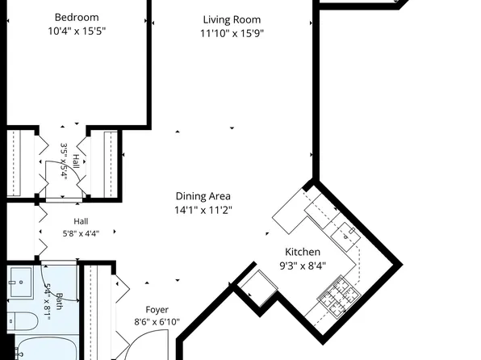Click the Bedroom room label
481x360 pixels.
[77, 18]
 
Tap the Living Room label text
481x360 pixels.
[232, 19]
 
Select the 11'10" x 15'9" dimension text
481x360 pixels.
[232, 33]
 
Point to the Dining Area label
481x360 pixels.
[203, 196]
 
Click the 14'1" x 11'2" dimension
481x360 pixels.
[203, 210]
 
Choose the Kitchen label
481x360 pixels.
[303, 252]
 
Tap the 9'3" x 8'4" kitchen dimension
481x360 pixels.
[303, 266]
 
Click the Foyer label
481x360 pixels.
[157, 310]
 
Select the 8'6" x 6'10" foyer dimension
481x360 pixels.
[157, 322]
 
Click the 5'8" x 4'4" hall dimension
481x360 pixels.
[81, 234]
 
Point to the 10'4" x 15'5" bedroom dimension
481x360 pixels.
[77, 31]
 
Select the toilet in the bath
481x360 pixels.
[22, 321]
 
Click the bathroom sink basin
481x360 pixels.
[20, 283]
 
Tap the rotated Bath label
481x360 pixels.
[59, 302]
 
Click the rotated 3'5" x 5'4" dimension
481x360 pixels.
[64, 161]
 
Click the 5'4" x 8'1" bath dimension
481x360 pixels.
[48, 302]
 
